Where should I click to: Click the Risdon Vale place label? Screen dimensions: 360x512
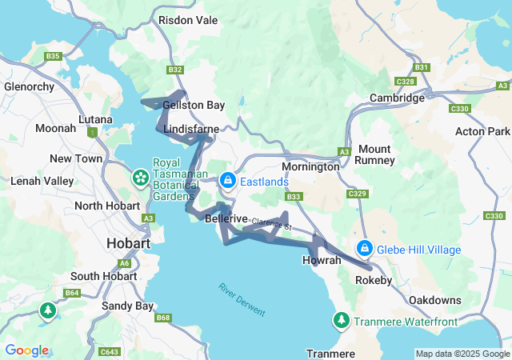coord(188,19)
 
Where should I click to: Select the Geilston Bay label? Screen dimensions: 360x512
coord(194,105)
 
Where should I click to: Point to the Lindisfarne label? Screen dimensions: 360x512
coord(186,128)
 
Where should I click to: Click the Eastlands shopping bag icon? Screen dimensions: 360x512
coord(228,181)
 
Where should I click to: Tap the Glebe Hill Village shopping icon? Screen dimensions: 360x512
coord(365,249)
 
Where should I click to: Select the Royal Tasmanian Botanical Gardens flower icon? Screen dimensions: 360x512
coord(141,175)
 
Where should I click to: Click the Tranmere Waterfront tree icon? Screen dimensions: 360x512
coord(341,321)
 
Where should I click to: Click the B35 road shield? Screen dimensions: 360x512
coord(54,56)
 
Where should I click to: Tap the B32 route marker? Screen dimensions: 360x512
coord(176,70)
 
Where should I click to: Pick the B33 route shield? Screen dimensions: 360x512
coord(294,197)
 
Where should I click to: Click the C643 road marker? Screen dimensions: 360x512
coord(110,351)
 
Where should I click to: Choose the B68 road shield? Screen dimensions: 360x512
coord(163,318)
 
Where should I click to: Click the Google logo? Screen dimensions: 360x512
coord(26,350)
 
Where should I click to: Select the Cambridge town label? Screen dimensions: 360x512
coord(397,98)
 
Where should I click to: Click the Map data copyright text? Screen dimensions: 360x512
coord(462,354)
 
